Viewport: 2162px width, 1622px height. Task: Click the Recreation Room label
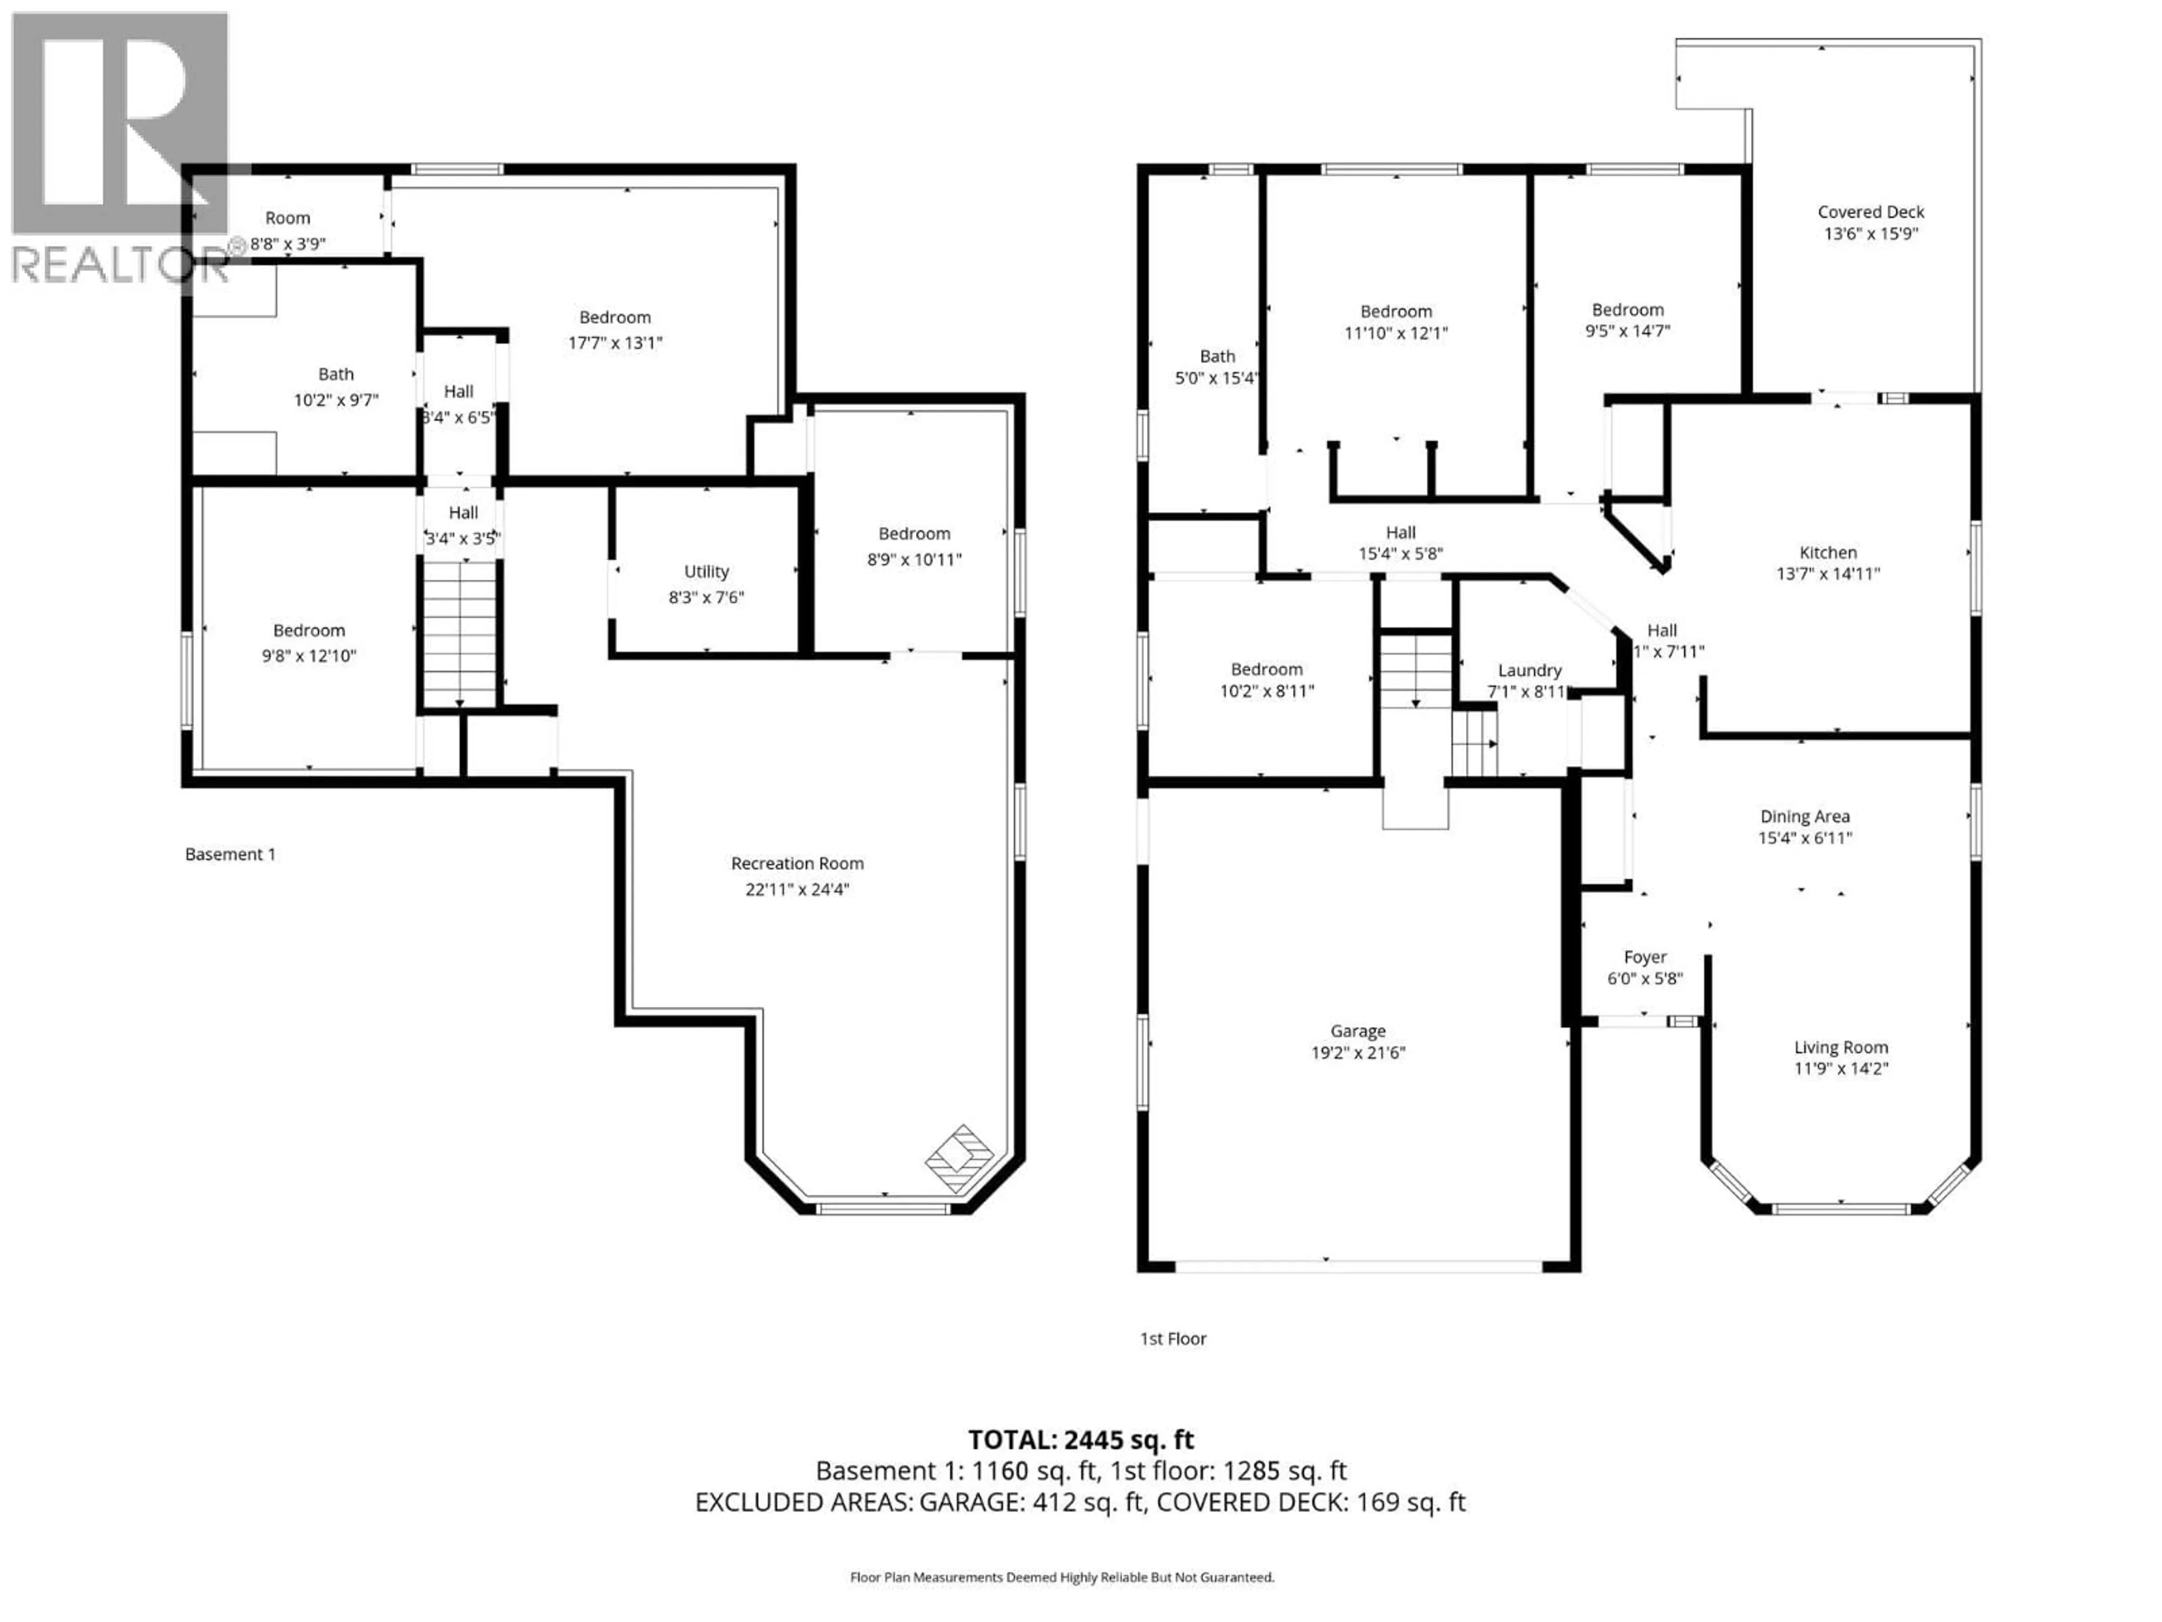pyautogui.click(x=797, y=863)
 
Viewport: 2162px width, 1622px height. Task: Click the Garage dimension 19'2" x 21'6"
pyautogui.click(x=1357, y=1052)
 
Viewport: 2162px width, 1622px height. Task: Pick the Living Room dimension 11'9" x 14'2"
pyautogui.click(x=1841, y=1068)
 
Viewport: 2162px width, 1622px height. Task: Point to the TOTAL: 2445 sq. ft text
pyautogui.click(x=1080, y=1439)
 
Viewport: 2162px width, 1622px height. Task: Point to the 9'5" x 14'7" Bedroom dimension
pyautogui.click(x=1627, y=331)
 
